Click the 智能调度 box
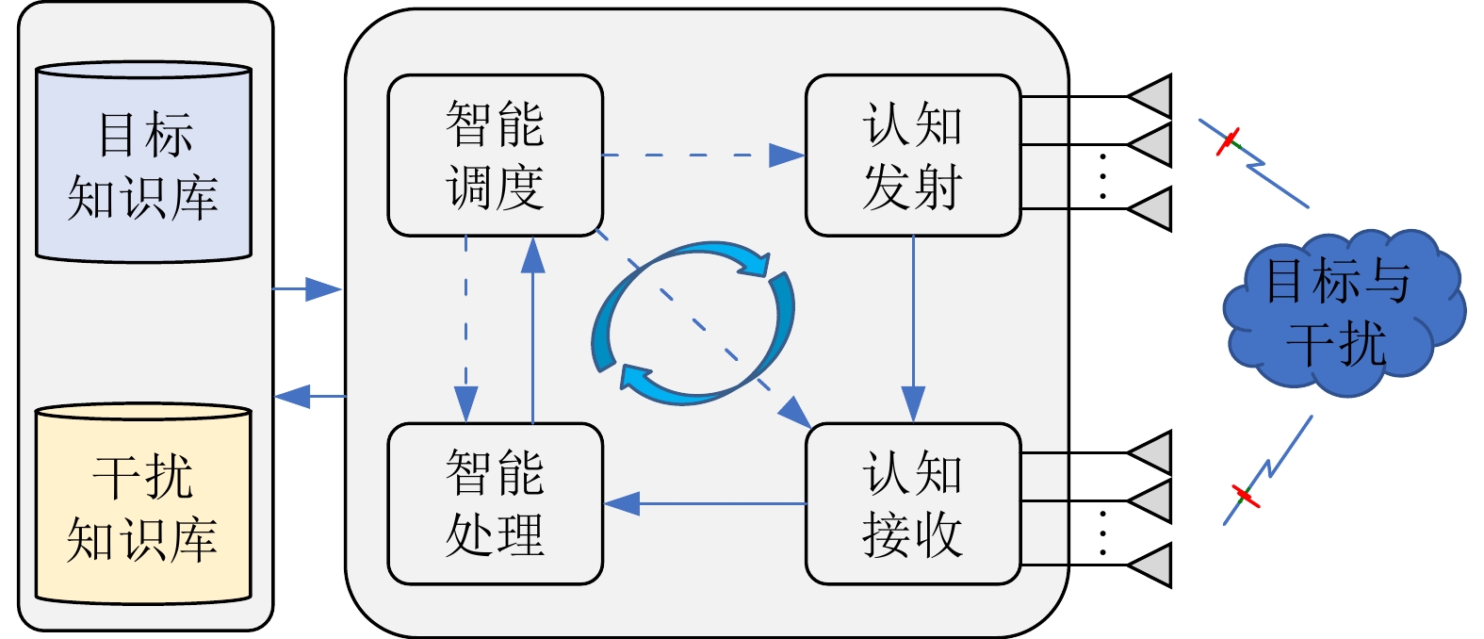click(495, 156)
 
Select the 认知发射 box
click(912, 156)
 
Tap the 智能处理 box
click(495, 503)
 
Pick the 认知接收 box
click(912, 503)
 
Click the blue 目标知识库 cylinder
click(143, 162)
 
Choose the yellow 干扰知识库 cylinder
click(143, 504)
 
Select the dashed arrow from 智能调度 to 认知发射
click(703, 156)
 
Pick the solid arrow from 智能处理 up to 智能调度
click(533, 330)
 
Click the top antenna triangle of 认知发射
click(1152, 96)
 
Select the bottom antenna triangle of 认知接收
click(1152, 565)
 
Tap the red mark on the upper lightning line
click(1228, 142)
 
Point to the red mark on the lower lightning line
click(1246, 496)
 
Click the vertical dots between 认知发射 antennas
click(1102, 175)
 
